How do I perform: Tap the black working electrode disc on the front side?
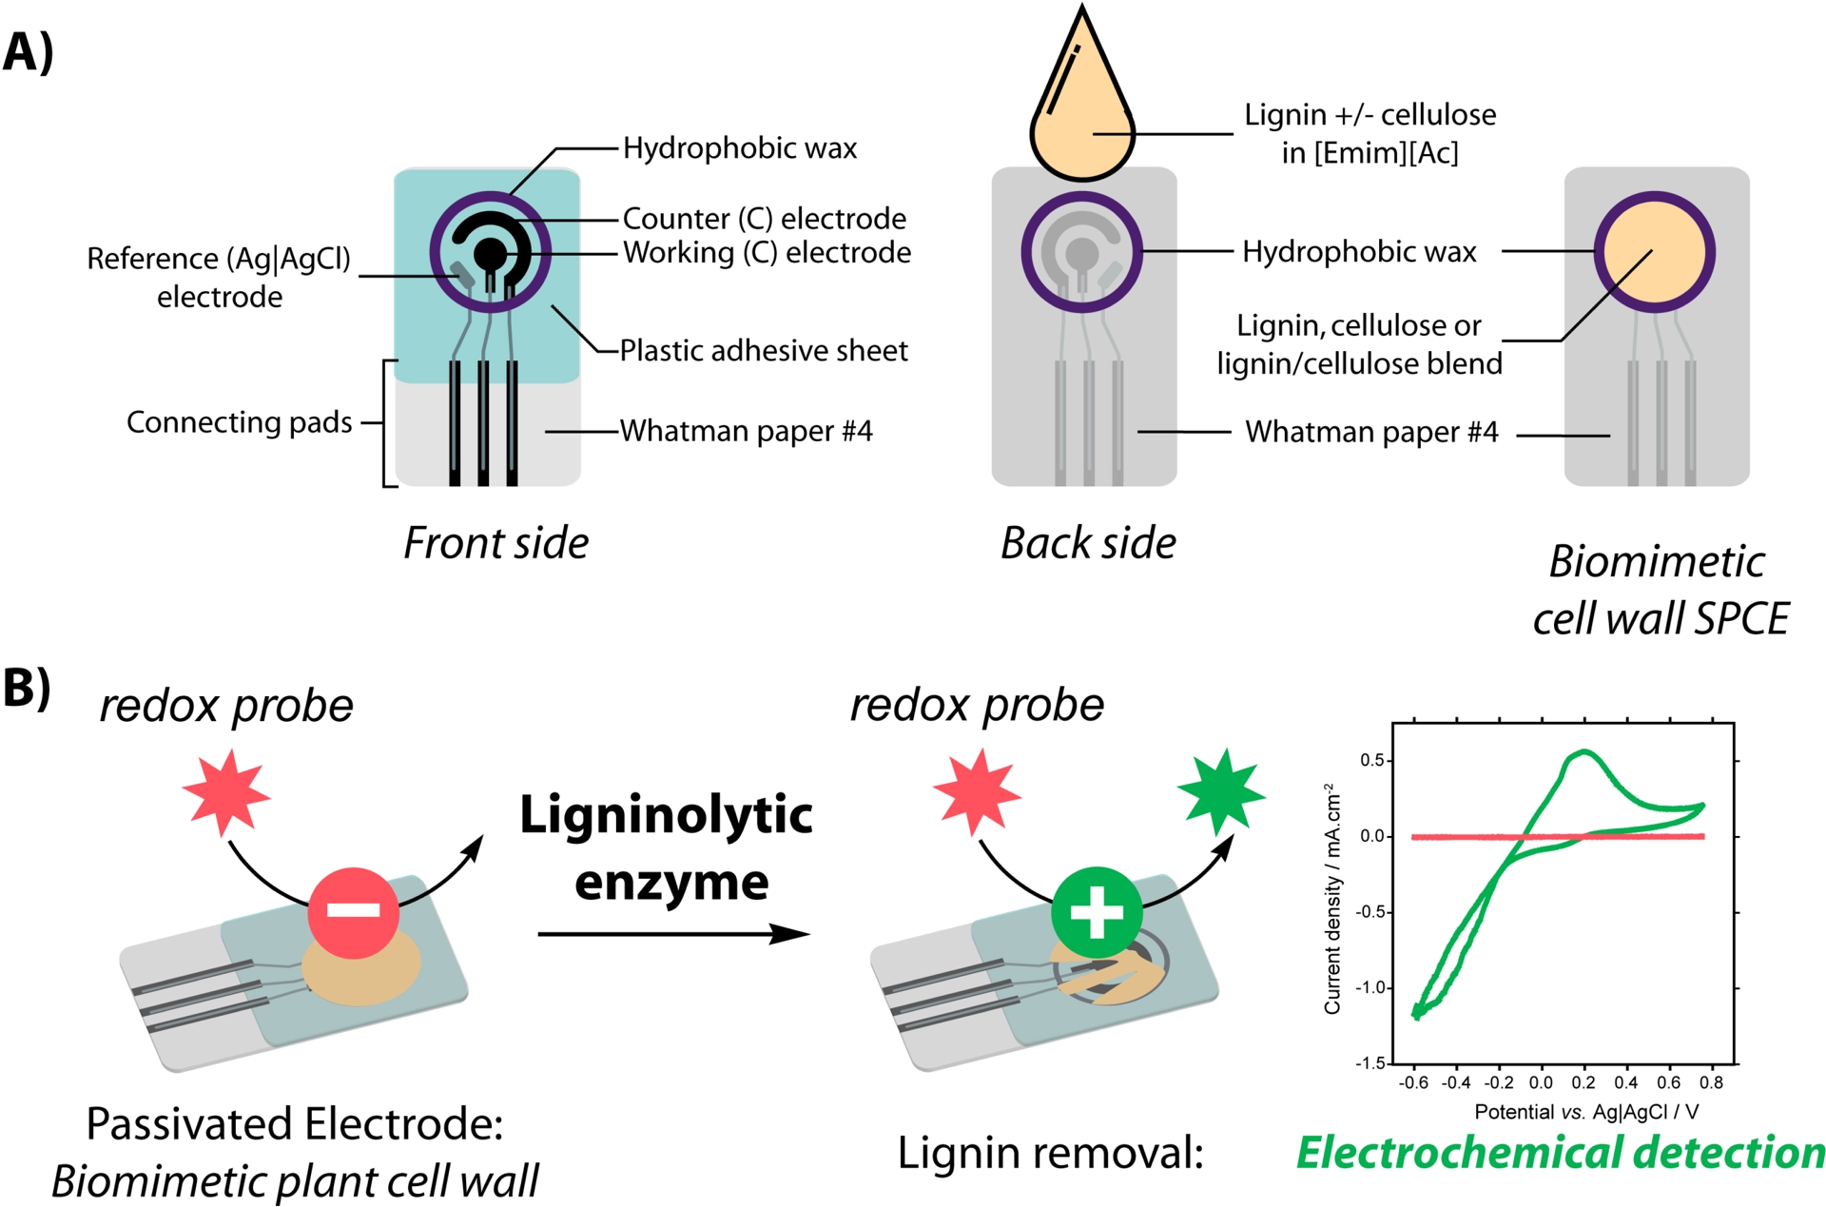[491, 253]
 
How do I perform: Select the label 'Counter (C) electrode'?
[764, 219]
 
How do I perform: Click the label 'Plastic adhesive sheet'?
[764, 351]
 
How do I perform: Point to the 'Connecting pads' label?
[239, 422]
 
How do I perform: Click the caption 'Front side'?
[495, 543]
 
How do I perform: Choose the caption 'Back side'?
[1088, 543]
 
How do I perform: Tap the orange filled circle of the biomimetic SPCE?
[1654, 252]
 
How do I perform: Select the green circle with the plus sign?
[1097, 911]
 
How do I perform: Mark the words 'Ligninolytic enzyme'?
[667, 847]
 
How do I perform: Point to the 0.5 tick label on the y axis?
[1371, 761]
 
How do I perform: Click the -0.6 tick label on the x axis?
[1413, 1082]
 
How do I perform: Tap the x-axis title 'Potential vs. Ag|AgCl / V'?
[1585, 1112]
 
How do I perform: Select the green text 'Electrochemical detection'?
[1560, 1153]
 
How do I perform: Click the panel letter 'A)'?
[29, 52]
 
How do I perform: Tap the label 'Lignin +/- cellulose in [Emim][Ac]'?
[1369, 133]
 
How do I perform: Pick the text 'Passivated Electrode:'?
[294, 1124]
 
